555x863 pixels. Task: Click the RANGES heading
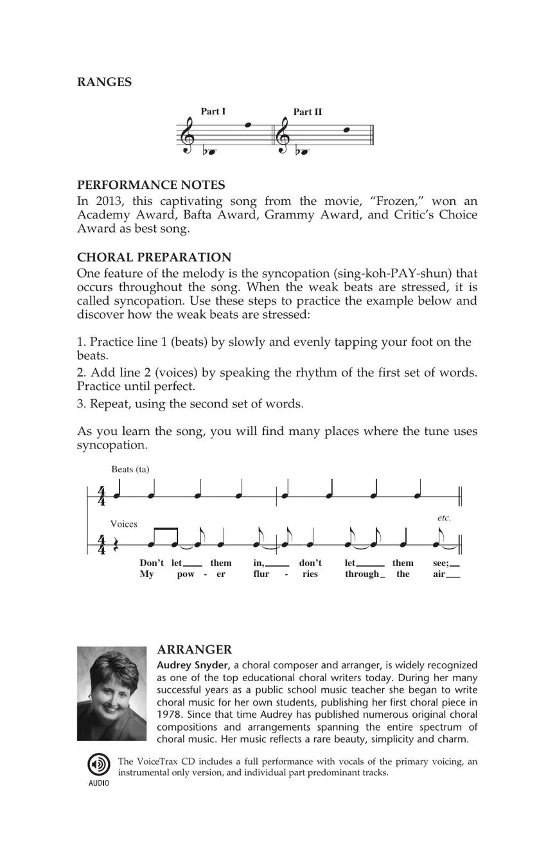(104, 82)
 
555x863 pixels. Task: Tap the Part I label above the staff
(213, 111)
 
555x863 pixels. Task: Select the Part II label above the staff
(308, 112)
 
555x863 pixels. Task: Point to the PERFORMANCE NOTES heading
(151, 185)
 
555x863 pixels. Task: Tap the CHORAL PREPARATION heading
(154, 257)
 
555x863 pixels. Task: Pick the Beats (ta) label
(130, 469)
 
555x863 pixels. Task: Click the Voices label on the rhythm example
(124, 524)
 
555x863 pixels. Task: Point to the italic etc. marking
(444, 517)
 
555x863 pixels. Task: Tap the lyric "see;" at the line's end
(441, 563)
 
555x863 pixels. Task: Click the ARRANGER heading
(195, 650)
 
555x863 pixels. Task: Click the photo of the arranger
(112, 693)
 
